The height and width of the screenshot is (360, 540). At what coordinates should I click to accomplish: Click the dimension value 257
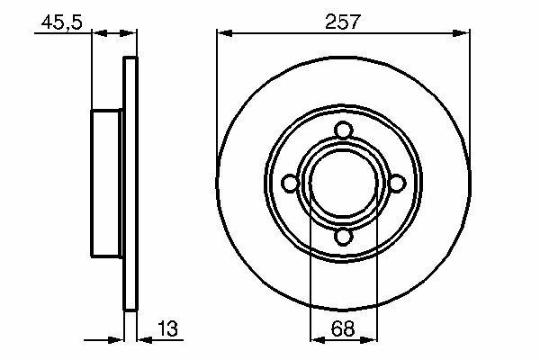point(342,22)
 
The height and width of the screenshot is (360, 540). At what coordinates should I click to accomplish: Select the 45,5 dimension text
point(62,22)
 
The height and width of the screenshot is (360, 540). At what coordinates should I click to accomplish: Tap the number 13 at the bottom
point(168,328)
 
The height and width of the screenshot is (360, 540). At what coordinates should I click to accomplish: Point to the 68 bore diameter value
point(343,328)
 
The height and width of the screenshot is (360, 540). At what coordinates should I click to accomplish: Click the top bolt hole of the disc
point(344,130)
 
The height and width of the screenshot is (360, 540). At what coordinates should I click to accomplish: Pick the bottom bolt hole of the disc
point(344,237)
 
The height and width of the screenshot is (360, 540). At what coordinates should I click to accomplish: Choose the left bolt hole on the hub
point(290,184)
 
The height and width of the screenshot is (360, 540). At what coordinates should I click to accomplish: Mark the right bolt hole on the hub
point(397,184)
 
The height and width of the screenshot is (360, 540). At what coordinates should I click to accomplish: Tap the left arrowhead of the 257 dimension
point(224,33)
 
